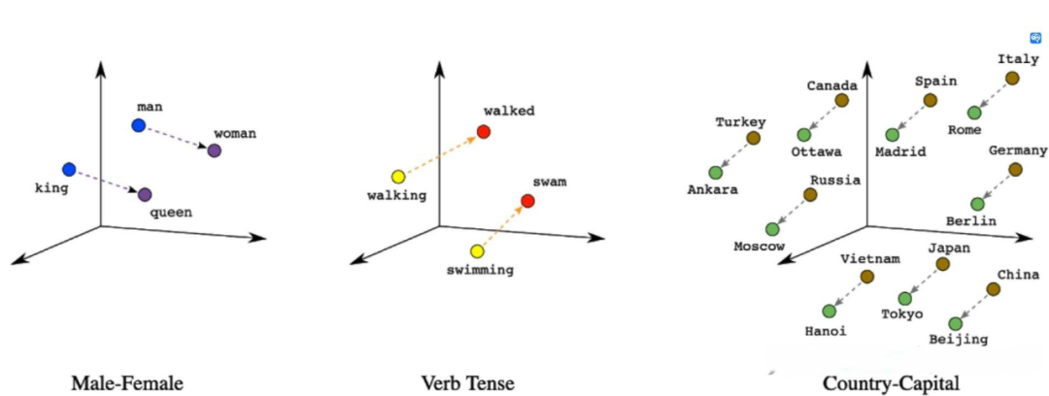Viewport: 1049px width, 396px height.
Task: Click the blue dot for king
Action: [69, 169]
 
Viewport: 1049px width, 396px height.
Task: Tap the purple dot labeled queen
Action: [145, 195]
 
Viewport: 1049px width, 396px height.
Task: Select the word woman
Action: [235, 134]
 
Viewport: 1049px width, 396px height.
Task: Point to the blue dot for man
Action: [139, 125]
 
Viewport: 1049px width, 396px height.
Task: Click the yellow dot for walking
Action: [398, 178]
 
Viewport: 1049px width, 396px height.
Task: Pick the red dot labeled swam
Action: [527, 201]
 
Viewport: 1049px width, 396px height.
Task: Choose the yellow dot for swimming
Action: [476, 251]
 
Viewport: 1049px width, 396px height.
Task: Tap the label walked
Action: [509, 111]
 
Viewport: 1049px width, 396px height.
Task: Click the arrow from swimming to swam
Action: [502, 226]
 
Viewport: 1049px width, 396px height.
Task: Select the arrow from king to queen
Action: [107, 181]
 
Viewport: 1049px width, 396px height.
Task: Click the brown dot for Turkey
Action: [754, 138]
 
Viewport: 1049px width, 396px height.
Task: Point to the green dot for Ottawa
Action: [804, 135]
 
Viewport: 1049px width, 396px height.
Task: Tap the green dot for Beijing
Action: [956, 324]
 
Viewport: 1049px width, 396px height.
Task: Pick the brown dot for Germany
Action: [1016, 169]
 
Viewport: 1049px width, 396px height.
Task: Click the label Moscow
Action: [760, 247]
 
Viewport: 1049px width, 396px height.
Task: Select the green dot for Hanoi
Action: [829, 311]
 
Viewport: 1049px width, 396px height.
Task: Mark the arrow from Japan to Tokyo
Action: [924, 281]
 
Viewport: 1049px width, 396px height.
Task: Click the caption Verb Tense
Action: [467, 383]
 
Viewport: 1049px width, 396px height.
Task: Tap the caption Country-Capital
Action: [891, 384]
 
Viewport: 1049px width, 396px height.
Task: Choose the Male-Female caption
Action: [127, 383]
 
